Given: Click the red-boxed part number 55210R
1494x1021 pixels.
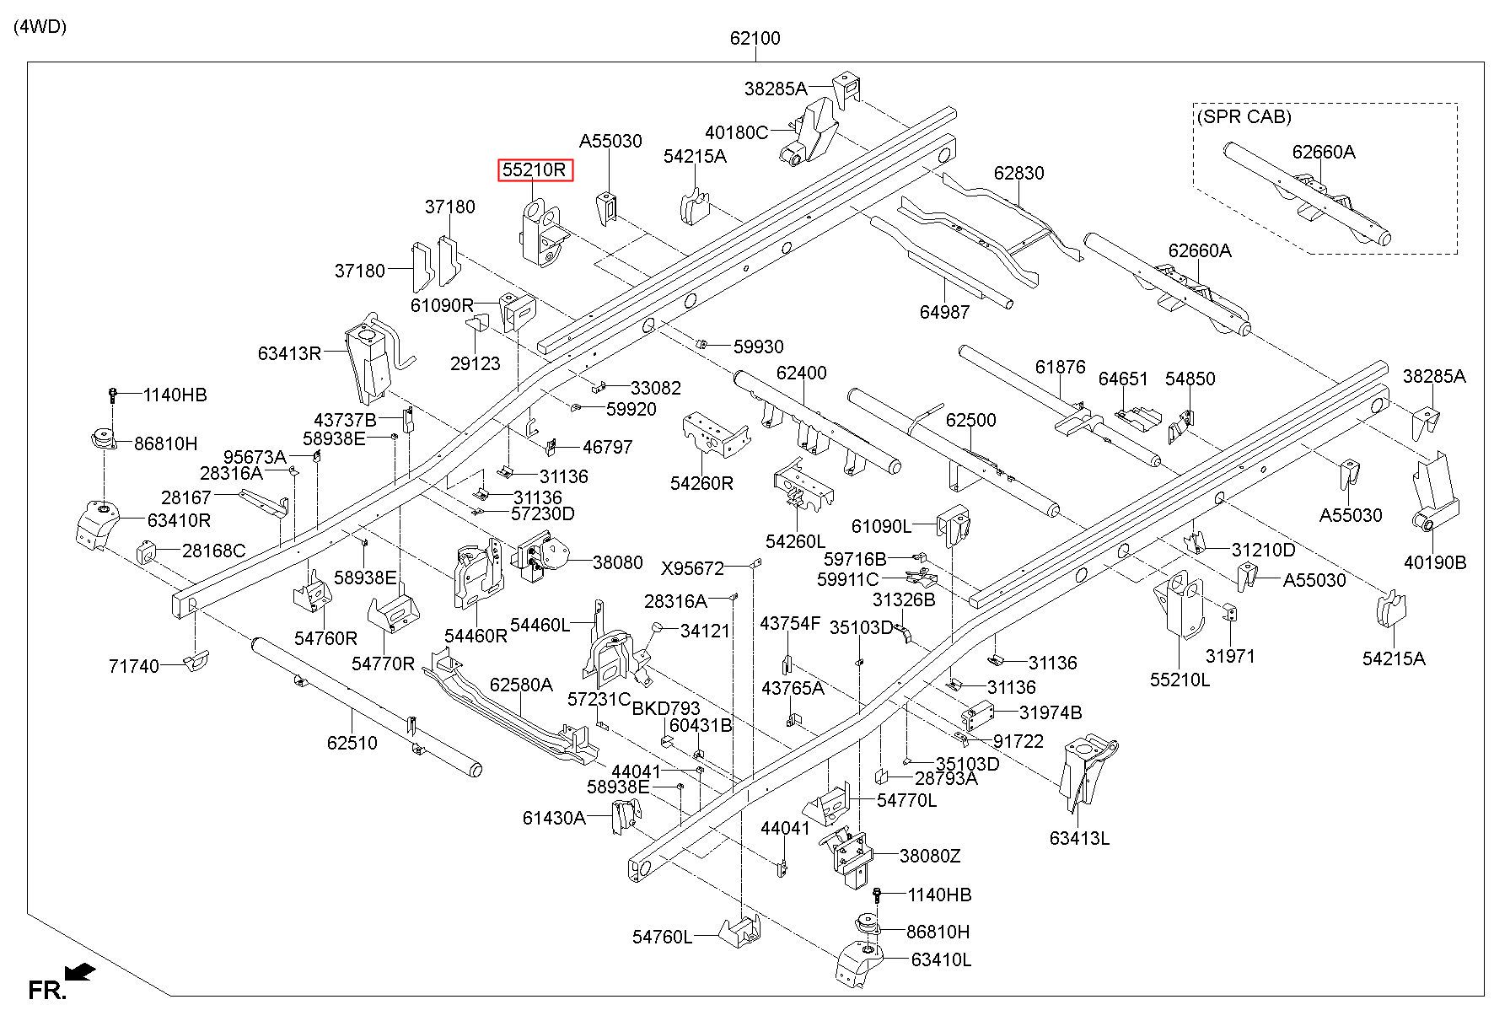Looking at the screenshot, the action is click(x=535, y=170).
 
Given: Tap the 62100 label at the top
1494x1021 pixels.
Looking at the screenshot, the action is click(x=755, y=38).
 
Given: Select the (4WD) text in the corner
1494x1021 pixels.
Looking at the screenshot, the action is click(x=40, y=26).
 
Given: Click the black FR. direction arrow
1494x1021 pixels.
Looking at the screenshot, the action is click(x=80, y=974).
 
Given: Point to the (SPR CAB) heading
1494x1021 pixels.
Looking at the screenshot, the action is click(x=1244, y=116).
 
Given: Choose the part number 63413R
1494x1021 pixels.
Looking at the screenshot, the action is click(x=290, y=353).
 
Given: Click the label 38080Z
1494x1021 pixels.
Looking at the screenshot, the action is click(x=930, y=856).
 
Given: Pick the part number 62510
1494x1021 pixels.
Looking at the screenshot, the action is click(x=352, y=743).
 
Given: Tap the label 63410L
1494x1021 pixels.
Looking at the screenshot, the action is click(x=941, y=959).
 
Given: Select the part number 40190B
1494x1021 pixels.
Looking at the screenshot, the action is click(x=1435, y=562).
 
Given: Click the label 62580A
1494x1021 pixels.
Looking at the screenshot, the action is click(x=521, y=685).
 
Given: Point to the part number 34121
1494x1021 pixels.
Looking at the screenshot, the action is click(x=705, y=631).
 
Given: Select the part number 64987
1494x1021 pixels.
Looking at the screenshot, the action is click(x=944, y=312).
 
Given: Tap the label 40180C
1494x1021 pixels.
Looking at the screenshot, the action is click(x=737, y=132).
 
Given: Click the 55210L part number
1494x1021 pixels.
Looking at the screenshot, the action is click(x=1180, y=679).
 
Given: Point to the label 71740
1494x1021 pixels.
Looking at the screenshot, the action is click(x=134, y=666).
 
